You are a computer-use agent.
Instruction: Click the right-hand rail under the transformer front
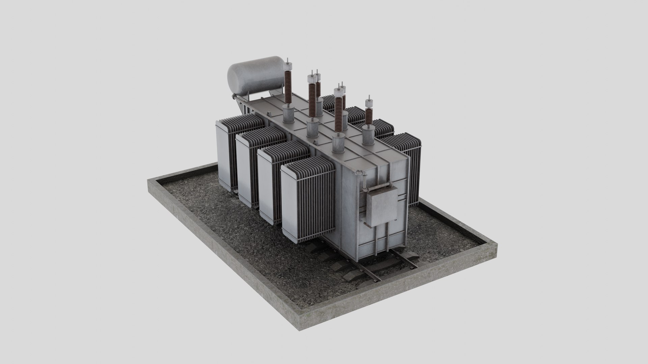point(405,260)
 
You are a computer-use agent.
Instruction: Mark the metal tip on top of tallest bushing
point(287,63)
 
